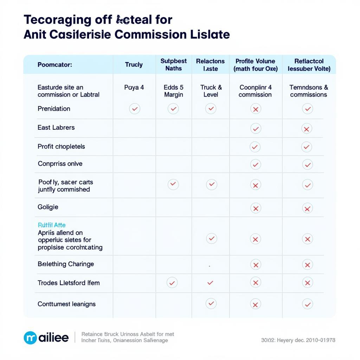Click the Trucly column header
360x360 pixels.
point(134,65)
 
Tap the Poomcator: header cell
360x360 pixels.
point(55,65)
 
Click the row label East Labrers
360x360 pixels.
point(56,128)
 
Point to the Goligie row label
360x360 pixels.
point(48,207)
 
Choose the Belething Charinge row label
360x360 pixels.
point(66,264)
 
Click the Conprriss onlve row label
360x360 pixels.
point(60,164)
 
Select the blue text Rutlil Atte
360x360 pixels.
point(52,225)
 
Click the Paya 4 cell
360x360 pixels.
point(134,88)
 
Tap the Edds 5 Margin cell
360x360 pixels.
point(173,91)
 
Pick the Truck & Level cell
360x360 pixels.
point(211,91)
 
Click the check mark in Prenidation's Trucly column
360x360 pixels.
point(134,109)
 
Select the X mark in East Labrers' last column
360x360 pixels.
point(307,129)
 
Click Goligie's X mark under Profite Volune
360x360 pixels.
point(256,208)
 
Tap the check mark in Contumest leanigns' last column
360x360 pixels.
point(307,304)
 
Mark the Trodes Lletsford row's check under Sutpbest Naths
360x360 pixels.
point(172,282)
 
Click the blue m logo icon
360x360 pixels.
point(30,338)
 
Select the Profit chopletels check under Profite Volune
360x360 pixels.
point(255,147)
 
